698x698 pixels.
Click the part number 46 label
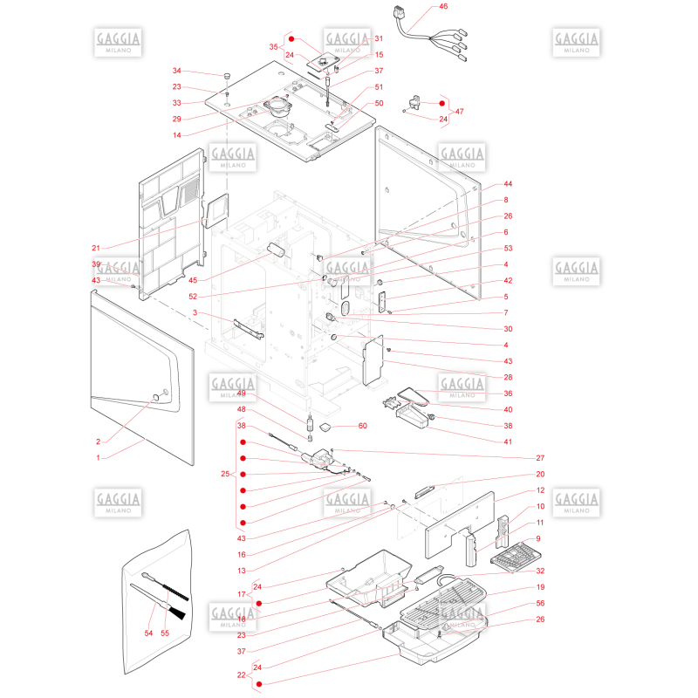(x=443, y=6)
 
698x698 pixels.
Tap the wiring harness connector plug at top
(x=400, y=13)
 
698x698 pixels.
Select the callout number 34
(x=177, y=71)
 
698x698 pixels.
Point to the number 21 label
(x=96, y=248)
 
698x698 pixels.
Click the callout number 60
(x=363, y=426)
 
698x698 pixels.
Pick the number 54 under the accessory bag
(x=148, y=633)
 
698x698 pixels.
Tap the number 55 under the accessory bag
(x=165, y=633)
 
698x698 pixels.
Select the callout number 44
(x=508, y=184)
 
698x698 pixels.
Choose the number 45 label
(x=193, y=280)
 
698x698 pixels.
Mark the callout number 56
(x=540, y=603)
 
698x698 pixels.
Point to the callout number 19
(x=540, y=586)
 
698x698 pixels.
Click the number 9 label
(x=538, y=538)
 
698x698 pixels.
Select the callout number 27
(x=540, y=457)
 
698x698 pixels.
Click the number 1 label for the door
(x=99, y=457)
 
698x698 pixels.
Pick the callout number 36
(x=508, y=393)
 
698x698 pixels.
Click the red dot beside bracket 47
(x=442, y=103)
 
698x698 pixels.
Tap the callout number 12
(x=540, y=490)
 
